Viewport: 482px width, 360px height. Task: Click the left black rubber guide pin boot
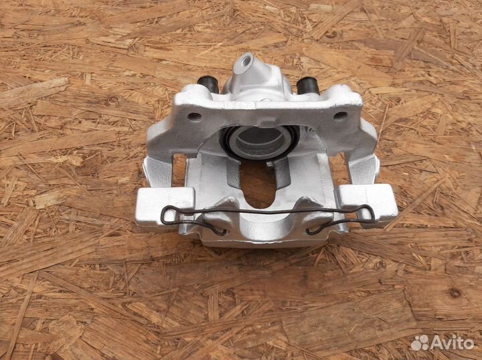208,84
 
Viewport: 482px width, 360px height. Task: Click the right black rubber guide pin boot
308,85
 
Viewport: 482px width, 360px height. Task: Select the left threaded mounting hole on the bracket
194,116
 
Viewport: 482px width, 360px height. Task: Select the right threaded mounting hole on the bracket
340,115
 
